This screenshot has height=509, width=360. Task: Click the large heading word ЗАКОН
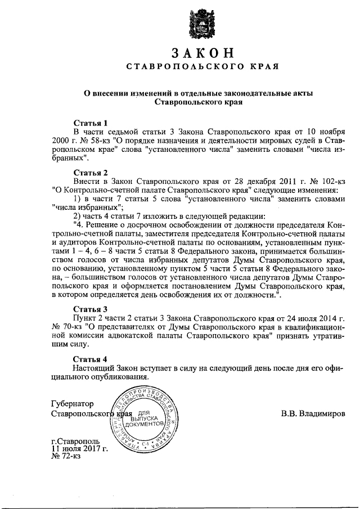[202, 53]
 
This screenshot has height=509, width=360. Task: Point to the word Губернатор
[72, 404]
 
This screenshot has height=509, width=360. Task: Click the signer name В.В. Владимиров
[313, 414]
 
